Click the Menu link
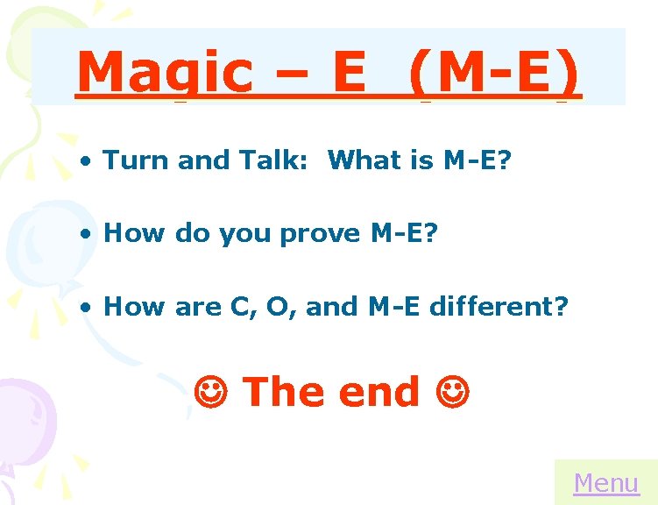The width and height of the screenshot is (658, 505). click(x=605, y=483)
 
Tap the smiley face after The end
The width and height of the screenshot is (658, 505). click(x=452, y=391)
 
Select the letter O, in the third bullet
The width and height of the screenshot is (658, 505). click(x=289, y=307)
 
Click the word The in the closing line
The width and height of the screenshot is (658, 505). click(x=282, y=391)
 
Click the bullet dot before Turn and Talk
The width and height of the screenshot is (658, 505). click(x=85, y=161)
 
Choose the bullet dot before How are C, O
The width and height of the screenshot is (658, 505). click(x=85, y=308)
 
